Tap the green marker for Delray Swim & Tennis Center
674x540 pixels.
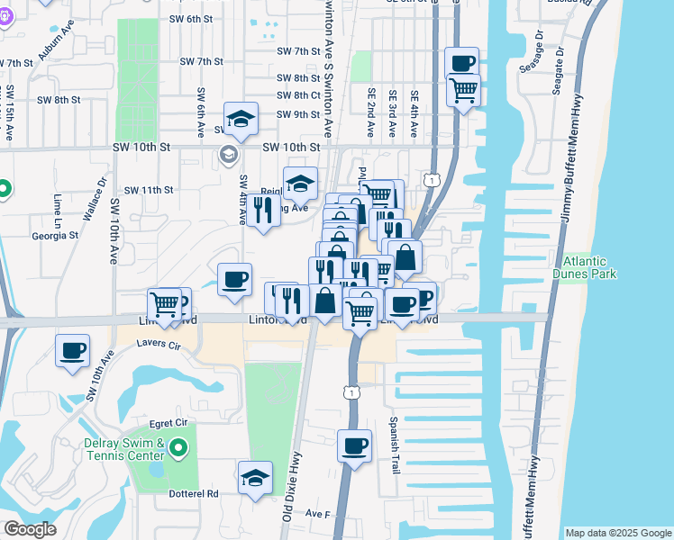click(x=178, y=446)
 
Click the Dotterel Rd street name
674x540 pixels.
click(x=196, y=493)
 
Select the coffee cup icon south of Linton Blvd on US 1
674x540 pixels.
click(x=355, y=445)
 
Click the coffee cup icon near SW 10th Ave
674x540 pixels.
click(x=72, y=350)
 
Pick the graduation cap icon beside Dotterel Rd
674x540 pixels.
click(x=256, y=477)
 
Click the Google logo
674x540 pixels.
click(x=30, y=529)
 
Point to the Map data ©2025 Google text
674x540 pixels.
click(x=617, y=533)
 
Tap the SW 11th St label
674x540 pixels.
click(x=149, y=190)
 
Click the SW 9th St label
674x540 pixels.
click(x=298, y=114)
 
